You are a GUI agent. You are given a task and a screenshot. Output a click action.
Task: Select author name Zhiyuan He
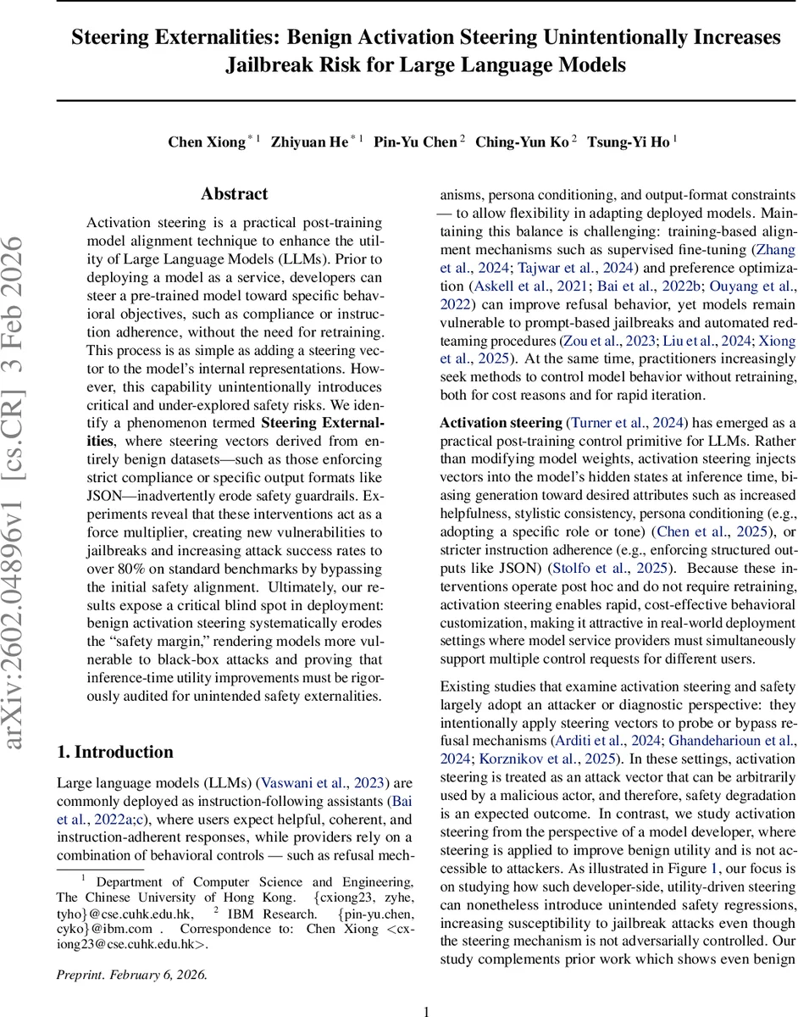coord(309,142)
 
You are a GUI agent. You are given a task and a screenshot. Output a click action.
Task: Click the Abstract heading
coord(235,194)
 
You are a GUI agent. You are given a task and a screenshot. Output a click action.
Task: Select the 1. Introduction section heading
coord(115,752)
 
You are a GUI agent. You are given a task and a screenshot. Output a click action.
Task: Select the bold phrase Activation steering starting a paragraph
coord(501,422)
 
